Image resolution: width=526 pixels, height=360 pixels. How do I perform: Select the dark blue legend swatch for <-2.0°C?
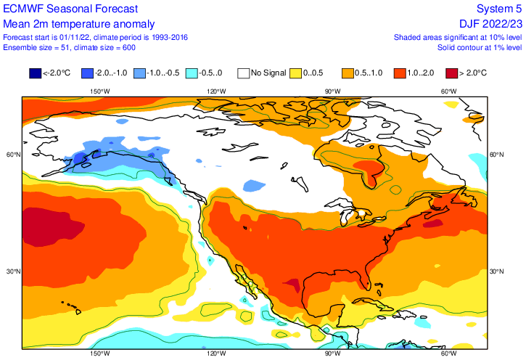(34, 73)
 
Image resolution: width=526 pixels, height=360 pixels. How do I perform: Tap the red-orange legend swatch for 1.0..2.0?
(399, 73)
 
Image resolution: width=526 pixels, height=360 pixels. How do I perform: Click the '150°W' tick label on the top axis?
(99, 91)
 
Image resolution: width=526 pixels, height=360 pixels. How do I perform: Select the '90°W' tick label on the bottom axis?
(332, 353)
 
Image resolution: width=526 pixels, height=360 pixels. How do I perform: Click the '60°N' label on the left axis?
(12, 155)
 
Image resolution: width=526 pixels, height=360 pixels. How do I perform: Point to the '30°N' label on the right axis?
(496, 271)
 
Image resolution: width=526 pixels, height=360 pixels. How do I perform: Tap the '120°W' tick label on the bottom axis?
(215, 353)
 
